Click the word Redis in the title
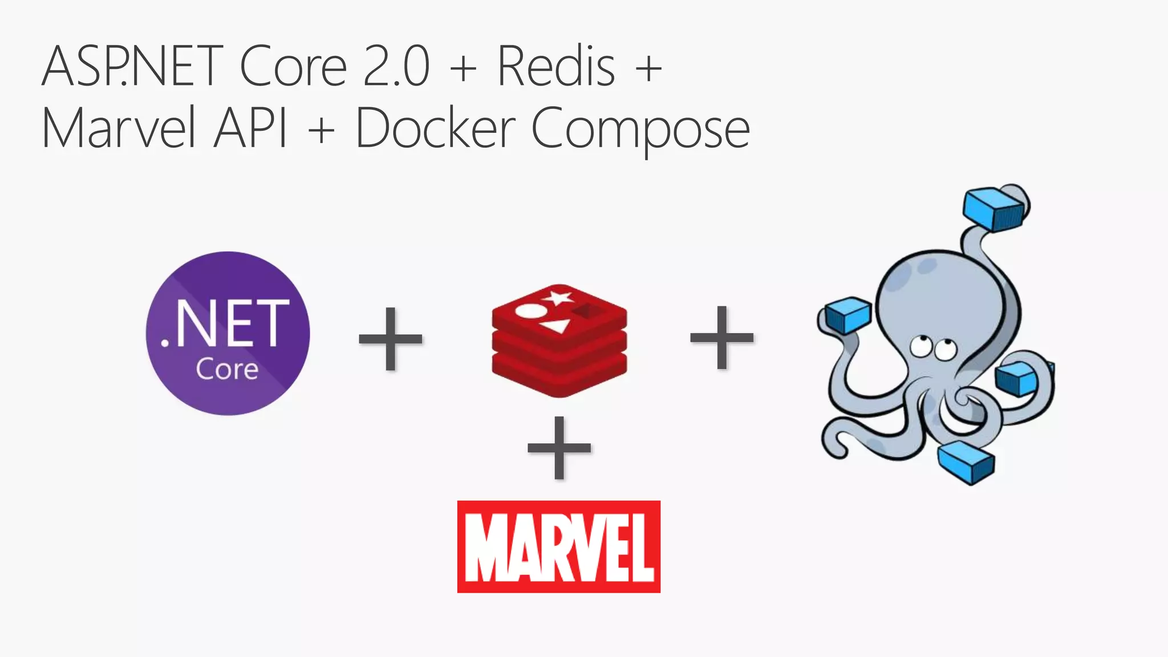[x=556, y=67]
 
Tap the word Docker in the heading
[x=435, y=128]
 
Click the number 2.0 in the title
[x=396, y=67]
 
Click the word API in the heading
[x=251, y=128]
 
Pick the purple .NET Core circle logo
[x=228, y=333]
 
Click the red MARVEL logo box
[x=559, y=547]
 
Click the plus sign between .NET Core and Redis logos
[x=391, y=339]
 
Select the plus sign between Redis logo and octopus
[x=722, y=337]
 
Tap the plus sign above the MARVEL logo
[x=559, y=447]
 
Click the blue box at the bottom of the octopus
[x=966, y=461]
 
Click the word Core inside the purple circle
[x=227, y=370]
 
